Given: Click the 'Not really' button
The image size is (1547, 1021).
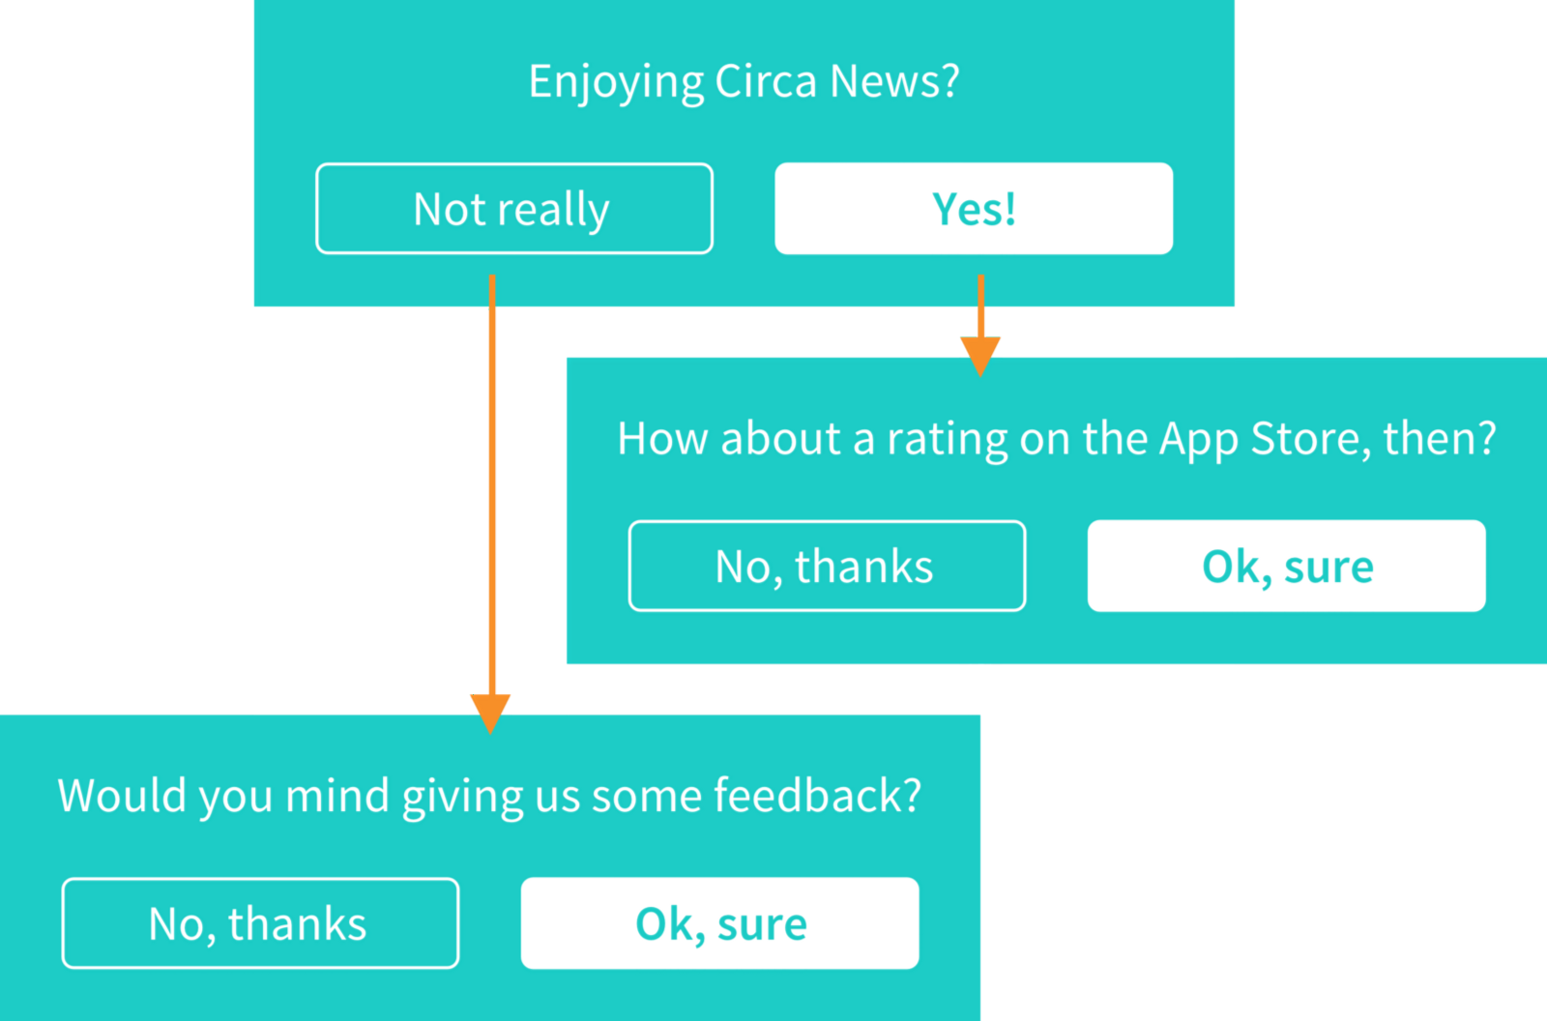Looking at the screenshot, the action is click(514, 209).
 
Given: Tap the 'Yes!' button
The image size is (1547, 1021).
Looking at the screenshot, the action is click(974, 209).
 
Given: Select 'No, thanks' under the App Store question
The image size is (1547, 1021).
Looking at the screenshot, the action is click(828, 566).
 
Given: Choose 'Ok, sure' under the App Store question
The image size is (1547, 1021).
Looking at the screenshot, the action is click(1287, 566).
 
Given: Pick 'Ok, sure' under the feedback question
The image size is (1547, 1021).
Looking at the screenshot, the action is click(719, 923).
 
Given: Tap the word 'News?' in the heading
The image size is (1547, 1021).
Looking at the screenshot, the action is click(894, 81).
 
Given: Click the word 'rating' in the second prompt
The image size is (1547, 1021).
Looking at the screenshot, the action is click(947, 440).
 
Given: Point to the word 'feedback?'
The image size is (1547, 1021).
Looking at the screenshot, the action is click(818, 795).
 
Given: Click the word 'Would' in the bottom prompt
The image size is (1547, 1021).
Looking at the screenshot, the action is click(122, 795).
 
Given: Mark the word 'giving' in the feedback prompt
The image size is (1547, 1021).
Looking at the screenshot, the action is click(462, 798).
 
